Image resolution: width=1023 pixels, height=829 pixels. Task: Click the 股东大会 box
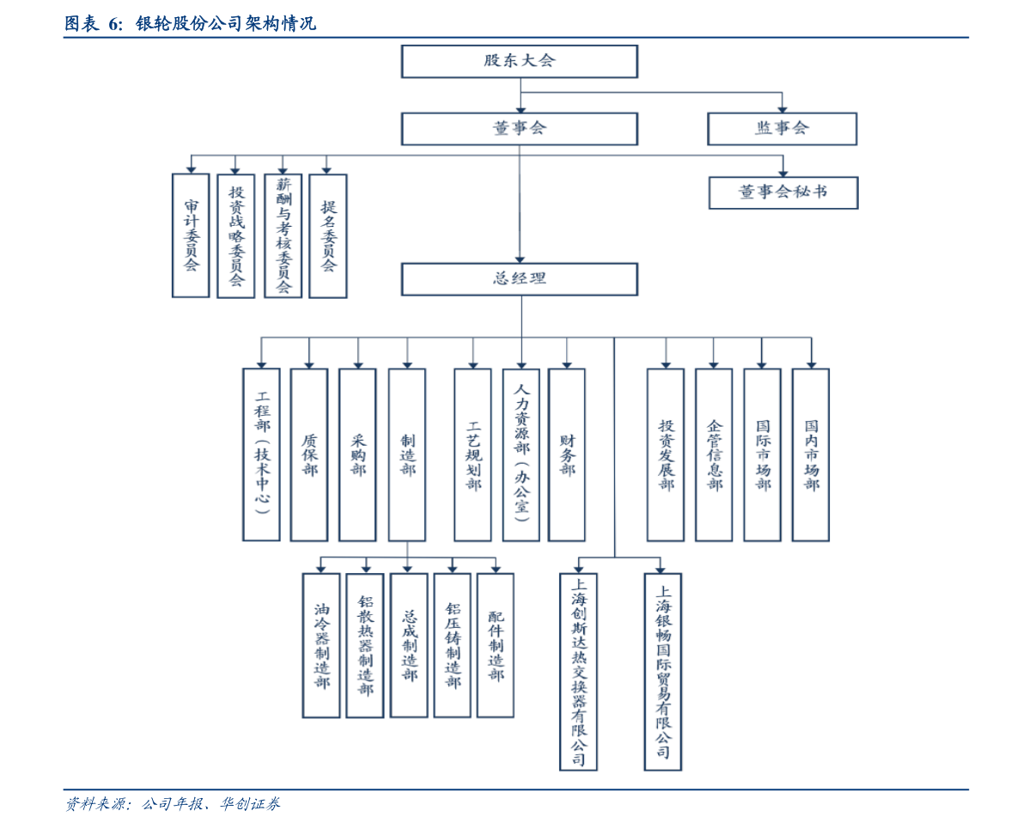click(519, 62)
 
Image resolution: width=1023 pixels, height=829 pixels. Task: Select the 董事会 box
click(519, 129)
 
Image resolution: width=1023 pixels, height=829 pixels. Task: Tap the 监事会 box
click(782, 129)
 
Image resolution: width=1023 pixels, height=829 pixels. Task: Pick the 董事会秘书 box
click(782, 192)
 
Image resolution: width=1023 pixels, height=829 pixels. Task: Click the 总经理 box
click(519, 279)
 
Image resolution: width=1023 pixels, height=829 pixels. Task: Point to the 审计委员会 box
click(191, 235)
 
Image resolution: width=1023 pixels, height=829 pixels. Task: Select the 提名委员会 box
click(328, 235)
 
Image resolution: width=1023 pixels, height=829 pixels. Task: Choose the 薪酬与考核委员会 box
click(283, 235)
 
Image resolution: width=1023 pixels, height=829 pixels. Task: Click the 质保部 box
click(309, 454)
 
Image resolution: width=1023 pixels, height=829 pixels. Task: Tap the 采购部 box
click(357, 454)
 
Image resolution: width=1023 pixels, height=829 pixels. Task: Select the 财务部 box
click(567, 454)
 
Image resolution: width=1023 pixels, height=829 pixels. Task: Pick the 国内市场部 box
click(811, 454)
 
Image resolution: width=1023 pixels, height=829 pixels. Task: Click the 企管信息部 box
click(714, 454)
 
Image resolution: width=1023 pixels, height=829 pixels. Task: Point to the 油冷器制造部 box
click(321, 645)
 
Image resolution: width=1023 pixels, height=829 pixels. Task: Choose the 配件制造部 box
click(496, 645)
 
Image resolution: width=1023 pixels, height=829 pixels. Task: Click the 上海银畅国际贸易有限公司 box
click(662, 671)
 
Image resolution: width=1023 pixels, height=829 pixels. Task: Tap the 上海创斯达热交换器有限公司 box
click(578, 671)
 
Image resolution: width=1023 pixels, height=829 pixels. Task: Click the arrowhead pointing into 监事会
click(782, 108)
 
